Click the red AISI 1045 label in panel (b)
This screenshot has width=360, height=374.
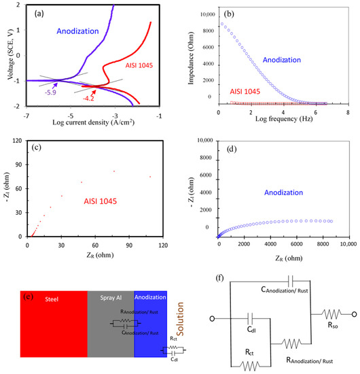click(x=250, y=90)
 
